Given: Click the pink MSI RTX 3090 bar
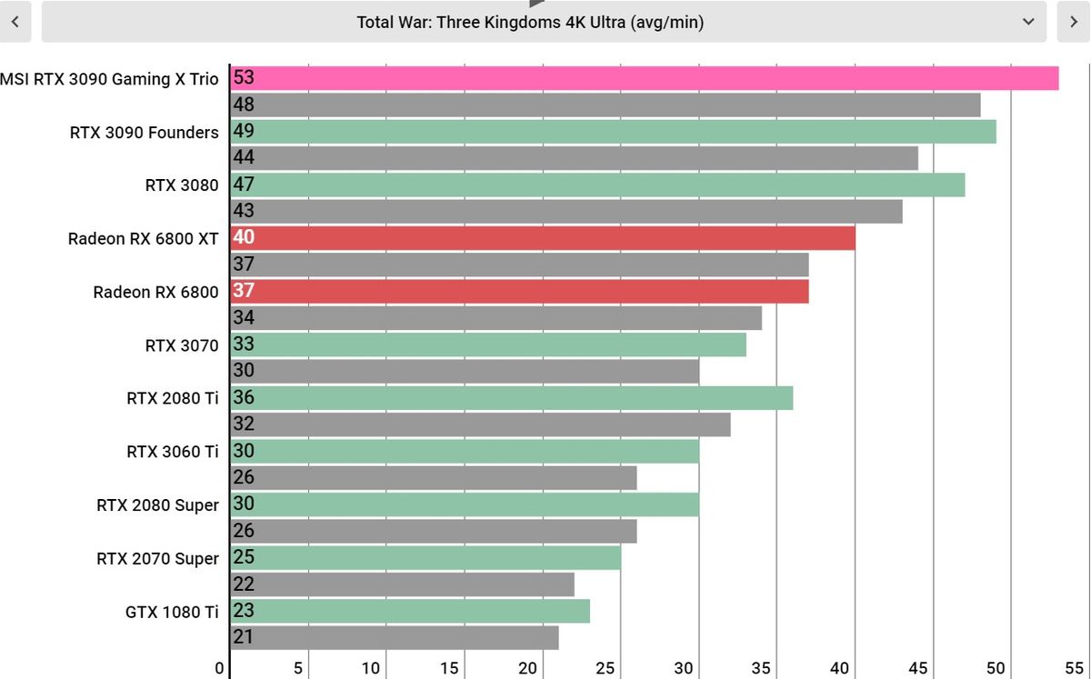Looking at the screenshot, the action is [x=645, y=78].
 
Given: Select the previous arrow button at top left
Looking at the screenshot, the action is [x=15, y=22].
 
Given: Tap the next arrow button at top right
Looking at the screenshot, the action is [x=1073, y=22].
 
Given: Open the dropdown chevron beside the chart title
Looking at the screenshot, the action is [x=1028, y=22].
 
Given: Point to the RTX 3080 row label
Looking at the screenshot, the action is [x=182, y=185].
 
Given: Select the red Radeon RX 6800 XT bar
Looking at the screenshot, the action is [x=543, y=238].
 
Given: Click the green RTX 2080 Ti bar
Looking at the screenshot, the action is [x=511, y=398].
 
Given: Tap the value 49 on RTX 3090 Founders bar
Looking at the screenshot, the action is [x=244, y=131].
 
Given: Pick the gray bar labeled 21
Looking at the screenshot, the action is [x=395, y=637].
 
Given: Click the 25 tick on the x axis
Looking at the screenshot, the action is [x=605, y=668].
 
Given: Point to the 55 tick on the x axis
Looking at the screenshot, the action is [x=1074, y=668].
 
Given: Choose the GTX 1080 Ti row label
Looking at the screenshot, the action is [x=172, y=612].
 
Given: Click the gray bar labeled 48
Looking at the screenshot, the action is [x=606, y=105].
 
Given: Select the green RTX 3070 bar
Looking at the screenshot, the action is [x=488, y=344].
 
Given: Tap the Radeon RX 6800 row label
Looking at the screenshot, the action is [x=155, y=292].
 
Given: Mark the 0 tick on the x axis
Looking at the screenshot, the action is [x=220, y=668].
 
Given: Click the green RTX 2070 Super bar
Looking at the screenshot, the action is [x=425, y=558].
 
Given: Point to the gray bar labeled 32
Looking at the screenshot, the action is [x=480, y=424].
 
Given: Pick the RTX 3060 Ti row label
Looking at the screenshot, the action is [x=173, y=452].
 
